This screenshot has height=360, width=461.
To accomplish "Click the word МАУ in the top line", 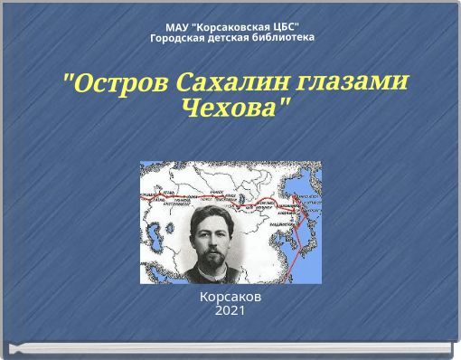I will tap(177, 26).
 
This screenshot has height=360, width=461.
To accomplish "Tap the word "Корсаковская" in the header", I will tap(229, 26).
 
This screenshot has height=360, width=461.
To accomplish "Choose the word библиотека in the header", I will tap(284, 38).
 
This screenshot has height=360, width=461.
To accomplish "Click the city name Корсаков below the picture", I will tap(230, 297).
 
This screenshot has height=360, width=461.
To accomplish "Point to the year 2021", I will tap(230, 311).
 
